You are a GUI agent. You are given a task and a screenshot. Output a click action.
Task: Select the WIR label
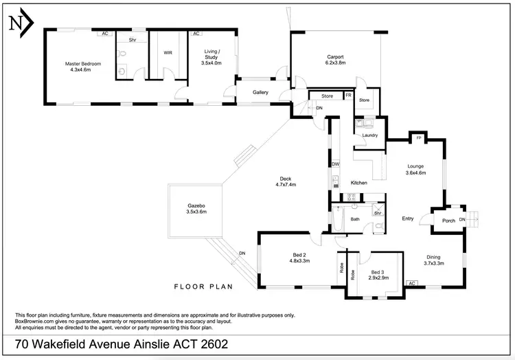pyautogui.click(x=168, y=52)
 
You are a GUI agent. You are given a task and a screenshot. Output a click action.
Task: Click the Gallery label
pyautogui.click(x=260, y=92)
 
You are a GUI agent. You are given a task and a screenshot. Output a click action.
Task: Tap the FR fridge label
pyautogui.click(x=348, y=95)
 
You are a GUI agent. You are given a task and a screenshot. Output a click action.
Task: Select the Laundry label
pyautogui.click(x=370, y=135)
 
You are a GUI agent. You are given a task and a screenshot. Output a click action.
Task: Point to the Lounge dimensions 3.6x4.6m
pyautogui.click(x=416, y=173)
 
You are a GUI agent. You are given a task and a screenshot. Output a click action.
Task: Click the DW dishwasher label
pyautogui.click(x=336, y=164)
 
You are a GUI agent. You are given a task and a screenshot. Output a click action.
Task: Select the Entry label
pyautogui.click(x=408, y=218)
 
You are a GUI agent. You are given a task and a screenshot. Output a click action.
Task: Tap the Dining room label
pyautogui.click(x=434, y=256)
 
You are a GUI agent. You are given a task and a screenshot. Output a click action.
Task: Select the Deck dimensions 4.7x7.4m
pyautogui.click(x=285, y=184)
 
